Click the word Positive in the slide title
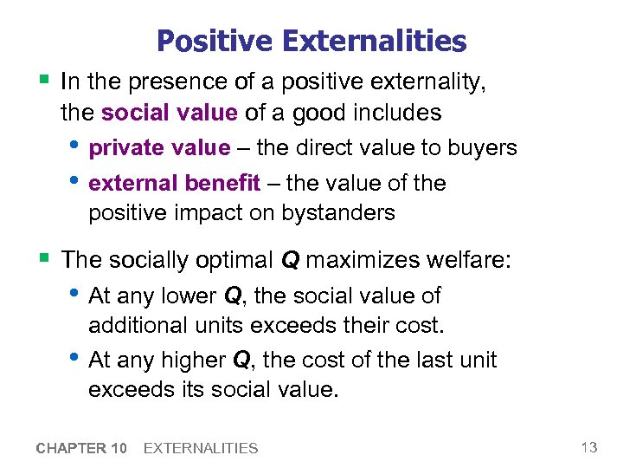(213, 41)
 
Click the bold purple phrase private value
(159, 148)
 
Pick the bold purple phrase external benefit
(174, 183)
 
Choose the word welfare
(474, 260)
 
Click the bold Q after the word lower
(232, 296)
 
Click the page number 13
(589, 447)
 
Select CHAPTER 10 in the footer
(82, 448)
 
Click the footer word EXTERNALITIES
(200, 448)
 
